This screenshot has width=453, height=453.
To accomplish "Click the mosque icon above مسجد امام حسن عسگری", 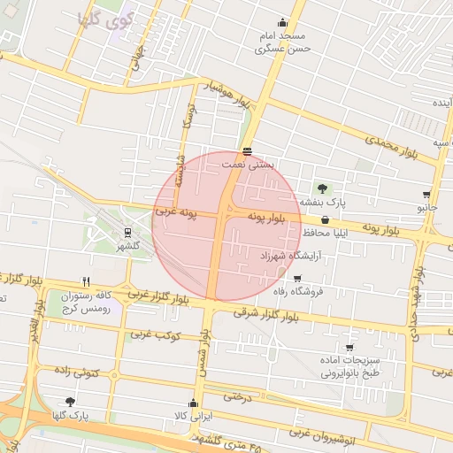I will point(282,23).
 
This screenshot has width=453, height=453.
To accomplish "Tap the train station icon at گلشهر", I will point(127,232).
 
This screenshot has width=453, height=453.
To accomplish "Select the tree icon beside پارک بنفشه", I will point(321,188).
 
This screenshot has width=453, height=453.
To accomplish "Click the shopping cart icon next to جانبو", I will point(426,195).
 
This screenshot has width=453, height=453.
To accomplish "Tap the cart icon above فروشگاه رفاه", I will point(296,279).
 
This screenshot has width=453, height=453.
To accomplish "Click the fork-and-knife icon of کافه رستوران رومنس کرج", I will point(86,281).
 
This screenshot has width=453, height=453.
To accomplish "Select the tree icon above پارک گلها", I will point(70,402).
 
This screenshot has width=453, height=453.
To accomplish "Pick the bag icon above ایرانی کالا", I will point(193,403).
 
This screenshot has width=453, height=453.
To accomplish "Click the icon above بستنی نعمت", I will point(246,151).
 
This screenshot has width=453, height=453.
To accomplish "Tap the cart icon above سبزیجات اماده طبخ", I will point(349,348).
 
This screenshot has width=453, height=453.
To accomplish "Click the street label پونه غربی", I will point(175,212).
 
